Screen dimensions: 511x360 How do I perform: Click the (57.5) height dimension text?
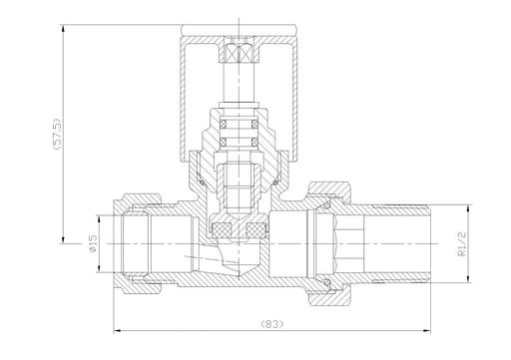[x=57, y=134]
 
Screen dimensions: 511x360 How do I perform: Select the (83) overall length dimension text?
[x=272, y=323]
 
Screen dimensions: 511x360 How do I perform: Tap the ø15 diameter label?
[x=93, y=243]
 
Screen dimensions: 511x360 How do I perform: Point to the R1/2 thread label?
[x=462, y=244]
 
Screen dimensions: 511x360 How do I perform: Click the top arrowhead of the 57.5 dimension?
[x=63, y=29]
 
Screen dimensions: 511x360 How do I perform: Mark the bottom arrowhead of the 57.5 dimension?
[x=63, y=239]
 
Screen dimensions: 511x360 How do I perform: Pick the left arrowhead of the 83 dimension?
[x=118, y=331]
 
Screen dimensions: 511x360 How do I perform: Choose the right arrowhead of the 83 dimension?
[x=426, y=331]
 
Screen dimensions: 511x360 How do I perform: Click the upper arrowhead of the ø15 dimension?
[x=99, y=219]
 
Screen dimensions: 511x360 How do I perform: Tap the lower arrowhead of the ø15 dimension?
[x=99, y=268]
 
